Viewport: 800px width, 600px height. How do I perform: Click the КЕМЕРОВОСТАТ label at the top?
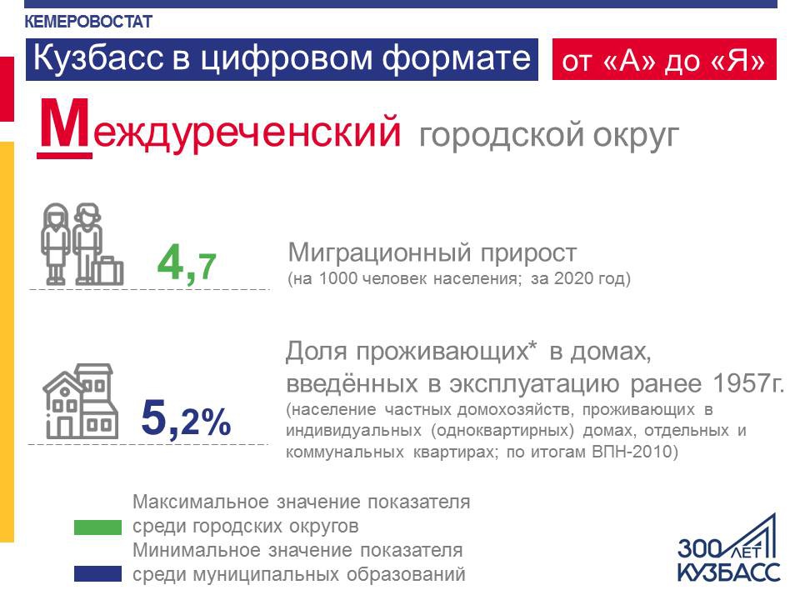(88, 22)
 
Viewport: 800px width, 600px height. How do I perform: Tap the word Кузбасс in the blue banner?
(98, 57)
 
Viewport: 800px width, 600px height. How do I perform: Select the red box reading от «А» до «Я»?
(664, 59)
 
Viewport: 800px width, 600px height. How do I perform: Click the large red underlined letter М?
(65, 127)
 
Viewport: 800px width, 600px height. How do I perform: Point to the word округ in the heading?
(636, 136)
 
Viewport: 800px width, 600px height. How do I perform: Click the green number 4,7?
(187, 263)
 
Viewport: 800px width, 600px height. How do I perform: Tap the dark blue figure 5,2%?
(186, 418)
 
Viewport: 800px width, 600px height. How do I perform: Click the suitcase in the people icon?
(109, 270)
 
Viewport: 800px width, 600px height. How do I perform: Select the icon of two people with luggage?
(82, 244)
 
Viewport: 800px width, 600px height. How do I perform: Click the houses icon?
(81, 401)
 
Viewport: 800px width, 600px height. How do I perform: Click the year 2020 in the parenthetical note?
(574, 278)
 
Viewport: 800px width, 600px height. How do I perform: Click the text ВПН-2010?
(632, 452)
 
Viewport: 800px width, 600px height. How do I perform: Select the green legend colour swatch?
(98, 527)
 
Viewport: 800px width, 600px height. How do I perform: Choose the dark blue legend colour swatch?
(98, 574)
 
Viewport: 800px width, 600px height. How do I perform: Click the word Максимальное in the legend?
(201, 502)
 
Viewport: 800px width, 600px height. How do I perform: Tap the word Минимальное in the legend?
(198, 551)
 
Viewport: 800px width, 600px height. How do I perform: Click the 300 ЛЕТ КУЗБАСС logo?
(728, 548)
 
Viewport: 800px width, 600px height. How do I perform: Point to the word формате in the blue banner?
(456, 59)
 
